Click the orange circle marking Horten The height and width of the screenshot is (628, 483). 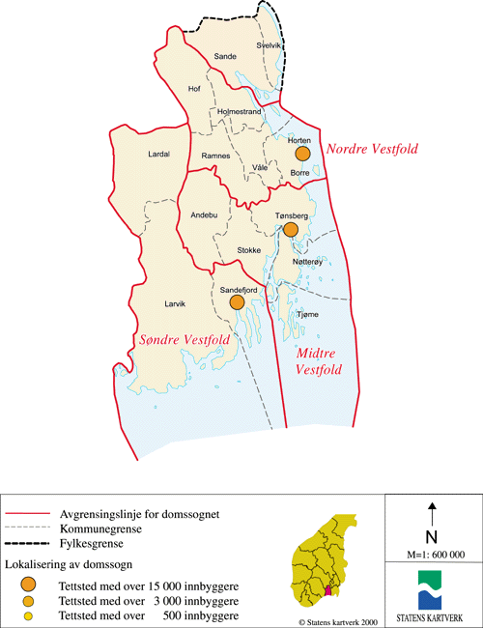302,154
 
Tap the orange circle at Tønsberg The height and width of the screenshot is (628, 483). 289,229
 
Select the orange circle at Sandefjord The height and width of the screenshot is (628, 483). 236,301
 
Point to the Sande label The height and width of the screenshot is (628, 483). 224,57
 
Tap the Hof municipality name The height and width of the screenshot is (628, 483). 193,89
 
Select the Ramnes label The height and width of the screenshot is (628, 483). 214,156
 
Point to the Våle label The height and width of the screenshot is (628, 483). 259,167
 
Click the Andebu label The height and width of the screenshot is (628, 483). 204,214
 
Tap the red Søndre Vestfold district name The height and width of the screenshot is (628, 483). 180,340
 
